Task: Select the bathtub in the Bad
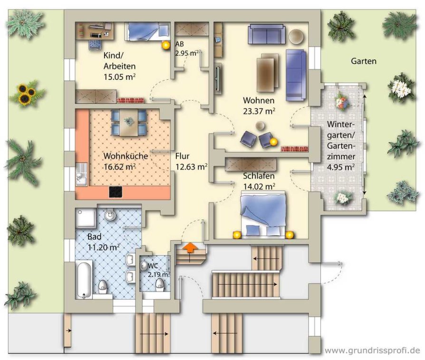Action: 84,279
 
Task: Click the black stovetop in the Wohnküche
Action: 116,192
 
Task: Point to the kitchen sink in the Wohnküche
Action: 82,174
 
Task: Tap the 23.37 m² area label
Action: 259,111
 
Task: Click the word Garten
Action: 364,61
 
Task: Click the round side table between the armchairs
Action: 261,126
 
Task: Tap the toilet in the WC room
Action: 159,285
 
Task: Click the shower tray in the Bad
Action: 86,218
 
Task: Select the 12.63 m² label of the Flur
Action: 192,166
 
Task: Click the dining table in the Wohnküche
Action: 129,122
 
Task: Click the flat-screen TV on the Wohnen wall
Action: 217,78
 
